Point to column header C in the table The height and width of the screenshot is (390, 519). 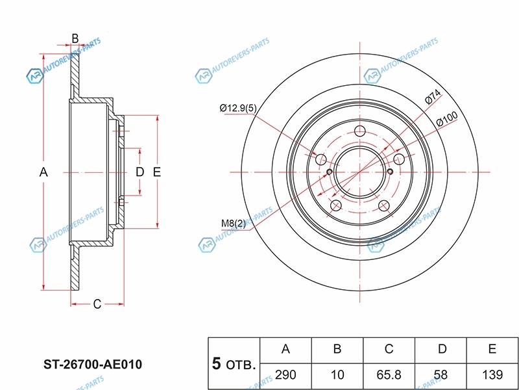pos(389,350)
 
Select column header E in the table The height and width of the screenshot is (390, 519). pos(492,350)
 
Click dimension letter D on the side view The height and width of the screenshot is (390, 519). pos(139,172)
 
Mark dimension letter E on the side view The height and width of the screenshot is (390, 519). pos(156,172)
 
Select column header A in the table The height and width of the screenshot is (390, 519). pos(285,350)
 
